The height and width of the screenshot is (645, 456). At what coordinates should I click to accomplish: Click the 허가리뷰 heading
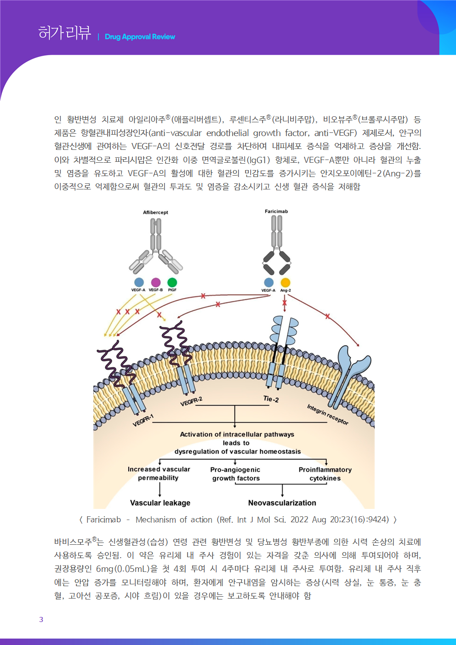tap(64, 33)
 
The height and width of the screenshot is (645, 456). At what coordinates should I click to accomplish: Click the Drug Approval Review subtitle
tap(140, 37)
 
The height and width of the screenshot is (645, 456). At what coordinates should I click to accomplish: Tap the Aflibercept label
tap(155, 212)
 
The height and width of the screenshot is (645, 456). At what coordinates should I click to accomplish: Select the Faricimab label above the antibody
tap(276, 211)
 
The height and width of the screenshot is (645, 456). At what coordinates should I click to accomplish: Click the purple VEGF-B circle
tap(156, 282)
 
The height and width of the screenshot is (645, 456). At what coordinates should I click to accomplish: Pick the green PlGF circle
tap(172, 282)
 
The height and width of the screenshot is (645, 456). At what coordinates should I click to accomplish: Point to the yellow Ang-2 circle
tap(285, 282)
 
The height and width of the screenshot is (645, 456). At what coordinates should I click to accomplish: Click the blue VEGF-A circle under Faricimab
tap(269, 282)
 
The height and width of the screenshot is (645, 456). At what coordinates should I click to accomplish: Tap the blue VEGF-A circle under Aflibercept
tap(139, 282)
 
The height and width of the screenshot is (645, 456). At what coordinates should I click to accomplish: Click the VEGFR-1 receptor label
tap(143, 420)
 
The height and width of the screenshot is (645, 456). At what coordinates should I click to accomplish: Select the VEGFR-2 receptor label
tap(191, 402)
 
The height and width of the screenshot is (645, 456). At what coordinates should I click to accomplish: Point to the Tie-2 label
tap(271, 399)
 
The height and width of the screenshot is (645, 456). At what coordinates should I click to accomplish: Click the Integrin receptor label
tap(328, 414)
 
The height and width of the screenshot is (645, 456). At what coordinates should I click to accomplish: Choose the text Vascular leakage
tap(160, 503)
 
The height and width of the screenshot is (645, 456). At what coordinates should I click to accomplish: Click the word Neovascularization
tap(282, 503)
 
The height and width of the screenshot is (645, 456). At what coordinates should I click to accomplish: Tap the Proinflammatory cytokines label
tap(325, 474)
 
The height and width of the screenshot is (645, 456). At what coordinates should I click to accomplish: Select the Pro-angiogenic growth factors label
tap(235, 474)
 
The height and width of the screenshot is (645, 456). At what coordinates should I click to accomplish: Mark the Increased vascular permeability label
tap(159, 474)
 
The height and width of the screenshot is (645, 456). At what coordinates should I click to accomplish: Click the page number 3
tap(41, 620)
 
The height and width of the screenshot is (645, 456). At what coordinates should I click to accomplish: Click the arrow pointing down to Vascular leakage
tap(160, 490)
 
